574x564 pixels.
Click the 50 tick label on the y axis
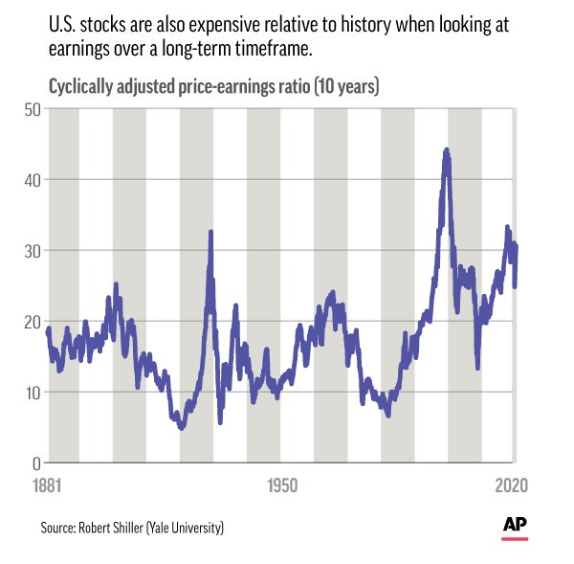[x=33, y=110]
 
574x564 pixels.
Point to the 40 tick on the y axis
[x=33, y=181]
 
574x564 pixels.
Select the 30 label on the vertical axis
[x=33, y=252]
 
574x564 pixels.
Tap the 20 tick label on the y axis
[x=33, y=323]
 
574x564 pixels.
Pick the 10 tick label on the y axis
[x=33, y=394]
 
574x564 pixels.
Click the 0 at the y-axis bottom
[x=36, y=464]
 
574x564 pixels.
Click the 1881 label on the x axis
[x=47, y=485]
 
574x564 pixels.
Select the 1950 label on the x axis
[x=282, y=485]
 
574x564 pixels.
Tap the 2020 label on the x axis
[x=512, y=485]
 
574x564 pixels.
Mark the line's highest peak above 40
[x=446, y=149]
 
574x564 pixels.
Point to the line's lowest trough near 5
[x=182, y=428]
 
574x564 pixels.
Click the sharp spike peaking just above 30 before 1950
[x=210, y=232]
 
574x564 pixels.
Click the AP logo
[x=515, y=524]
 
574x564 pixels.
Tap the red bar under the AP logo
[x=515, y=539]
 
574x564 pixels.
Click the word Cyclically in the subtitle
[x=81, y=87]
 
